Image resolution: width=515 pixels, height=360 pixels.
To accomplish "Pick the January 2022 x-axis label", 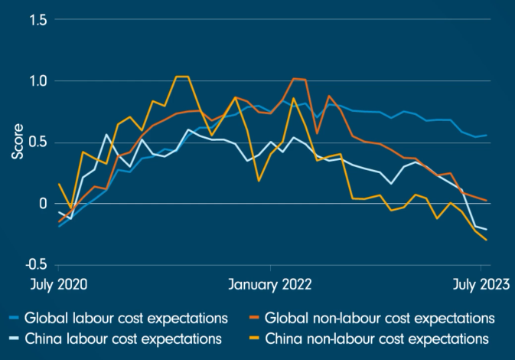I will [x=270, y=285].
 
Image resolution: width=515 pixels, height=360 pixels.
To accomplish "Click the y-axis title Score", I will [x=17, y=142].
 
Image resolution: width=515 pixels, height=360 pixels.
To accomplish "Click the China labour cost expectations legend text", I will [x=123, y=338].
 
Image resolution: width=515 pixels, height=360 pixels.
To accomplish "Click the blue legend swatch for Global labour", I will [x=14, y=318].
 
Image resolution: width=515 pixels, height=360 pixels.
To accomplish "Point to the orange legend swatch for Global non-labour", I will [x=256, y=318].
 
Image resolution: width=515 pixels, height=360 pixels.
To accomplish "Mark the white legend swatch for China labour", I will [x=14, y=338].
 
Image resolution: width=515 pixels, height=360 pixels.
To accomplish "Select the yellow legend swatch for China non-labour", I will [x=256, y=338].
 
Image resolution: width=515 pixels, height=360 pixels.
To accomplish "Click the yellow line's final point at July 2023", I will [x=487, y=240].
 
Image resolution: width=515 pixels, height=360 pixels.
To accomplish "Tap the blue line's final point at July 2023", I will [x=487, y=135].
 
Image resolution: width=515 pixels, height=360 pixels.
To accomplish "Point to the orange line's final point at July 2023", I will [x=487, y=201].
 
